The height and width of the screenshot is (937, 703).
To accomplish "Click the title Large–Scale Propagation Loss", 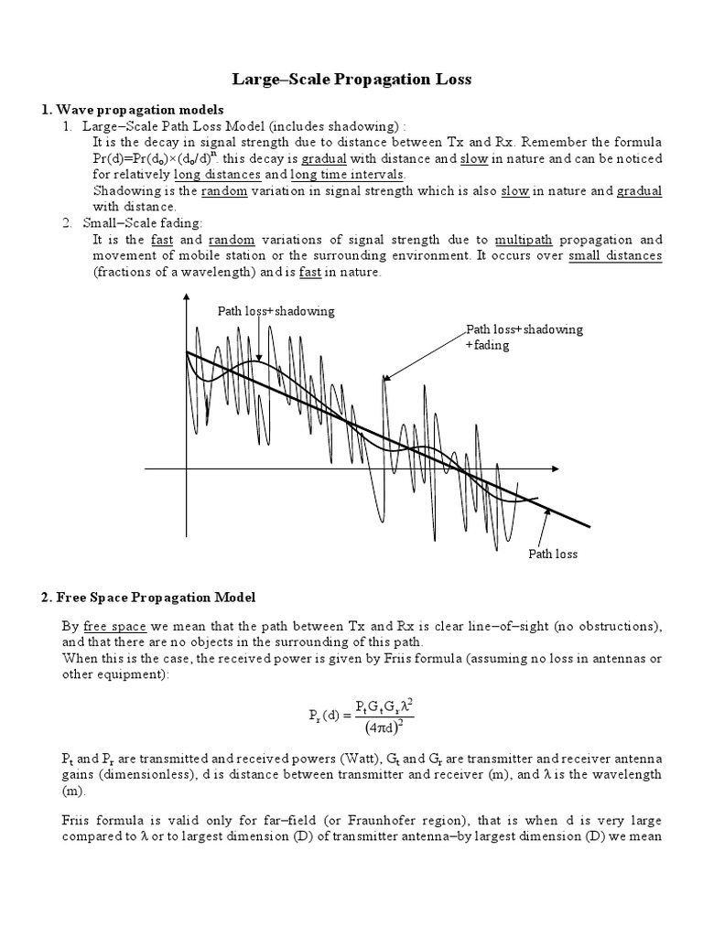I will click(351, 80).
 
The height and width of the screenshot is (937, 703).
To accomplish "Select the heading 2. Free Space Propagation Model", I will click(148, 597).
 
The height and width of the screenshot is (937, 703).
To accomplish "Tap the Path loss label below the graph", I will click(553, 555).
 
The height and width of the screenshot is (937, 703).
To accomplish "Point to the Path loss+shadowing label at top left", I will click(276, 311).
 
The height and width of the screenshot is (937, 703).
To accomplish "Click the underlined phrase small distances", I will click(614, 255).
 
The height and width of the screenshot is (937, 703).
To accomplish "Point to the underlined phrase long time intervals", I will click(349, 174).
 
